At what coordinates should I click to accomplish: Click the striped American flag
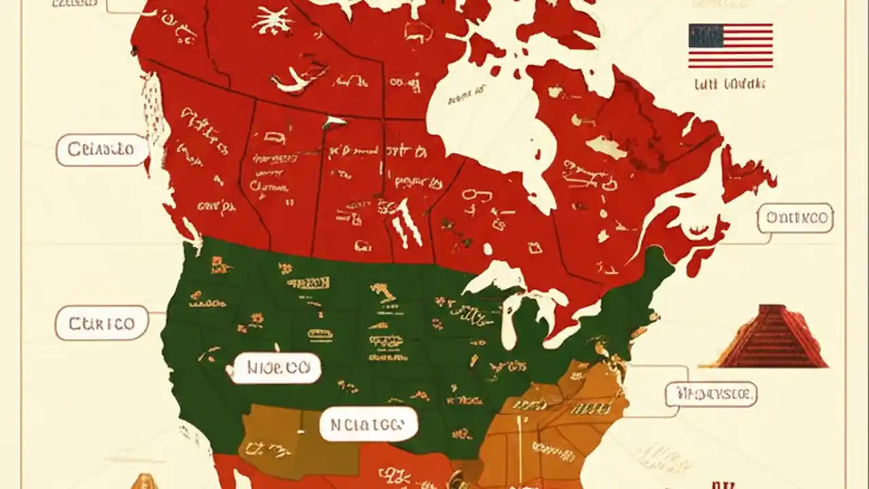731,46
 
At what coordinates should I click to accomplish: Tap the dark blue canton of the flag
705,35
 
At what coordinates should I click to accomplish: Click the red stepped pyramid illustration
773,337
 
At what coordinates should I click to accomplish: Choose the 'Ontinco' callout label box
796,218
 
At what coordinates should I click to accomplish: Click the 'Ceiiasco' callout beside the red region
102,150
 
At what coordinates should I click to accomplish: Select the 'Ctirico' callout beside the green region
102,323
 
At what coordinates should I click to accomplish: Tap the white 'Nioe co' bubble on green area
274,368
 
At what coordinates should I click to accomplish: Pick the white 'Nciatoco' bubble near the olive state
368,425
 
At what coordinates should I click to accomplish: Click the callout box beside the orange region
711,393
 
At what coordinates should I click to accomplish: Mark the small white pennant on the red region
334,122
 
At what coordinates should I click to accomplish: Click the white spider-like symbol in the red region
273,20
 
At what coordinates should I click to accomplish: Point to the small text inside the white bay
465,94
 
